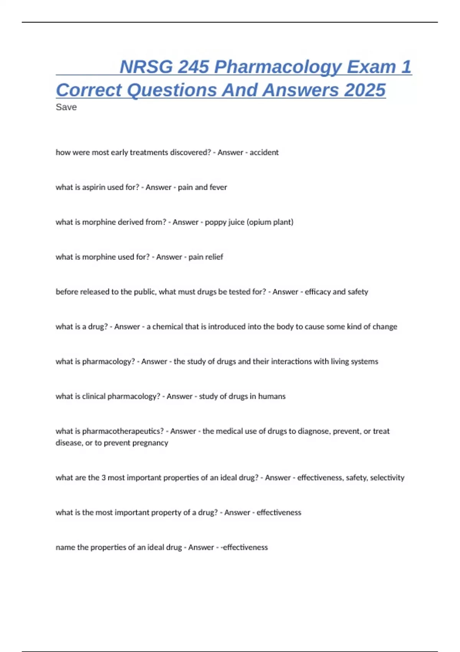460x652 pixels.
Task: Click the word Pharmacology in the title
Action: [x=278, y=67]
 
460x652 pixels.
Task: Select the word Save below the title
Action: [x=66, y=107]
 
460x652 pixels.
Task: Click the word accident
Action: [x=264, y=152]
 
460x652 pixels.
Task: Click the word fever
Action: [x=218, y=187]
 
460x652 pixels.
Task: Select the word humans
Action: [x=272, y=397]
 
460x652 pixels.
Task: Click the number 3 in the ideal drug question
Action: [x=103, y=478]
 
